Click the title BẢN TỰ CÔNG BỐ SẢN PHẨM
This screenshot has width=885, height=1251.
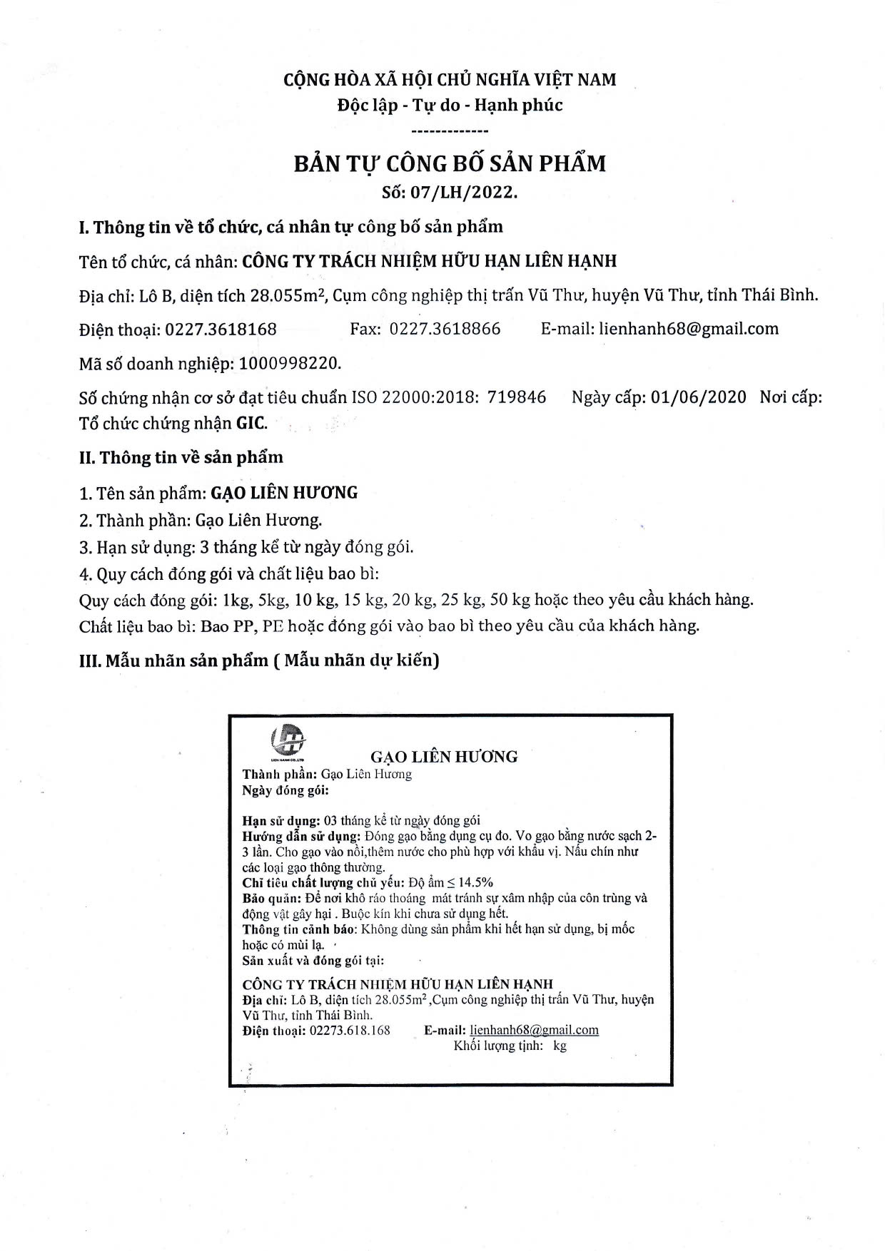[x=450, y=163]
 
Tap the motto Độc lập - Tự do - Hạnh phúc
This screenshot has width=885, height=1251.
[x=450, y=106]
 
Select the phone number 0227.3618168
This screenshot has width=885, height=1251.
[x=221, y=330]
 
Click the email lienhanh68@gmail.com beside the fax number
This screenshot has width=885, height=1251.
[x=689, y=330]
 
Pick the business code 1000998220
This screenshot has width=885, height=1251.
[x=289, y=364]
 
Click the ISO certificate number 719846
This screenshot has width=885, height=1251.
[x=517, y=397]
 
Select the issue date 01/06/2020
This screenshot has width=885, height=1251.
[x=699, y=397]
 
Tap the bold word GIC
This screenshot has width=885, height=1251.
[x=251, y=424]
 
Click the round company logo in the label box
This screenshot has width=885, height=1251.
[x=288, y=738]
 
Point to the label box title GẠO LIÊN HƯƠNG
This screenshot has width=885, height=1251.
[x=444, y=757]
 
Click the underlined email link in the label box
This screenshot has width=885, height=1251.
[x=535, y=1030]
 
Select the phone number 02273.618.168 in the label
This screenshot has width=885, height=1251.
[x=350, y=1031]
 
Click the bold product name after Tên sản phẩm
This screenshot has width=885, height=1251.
[x=285, y=493]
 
